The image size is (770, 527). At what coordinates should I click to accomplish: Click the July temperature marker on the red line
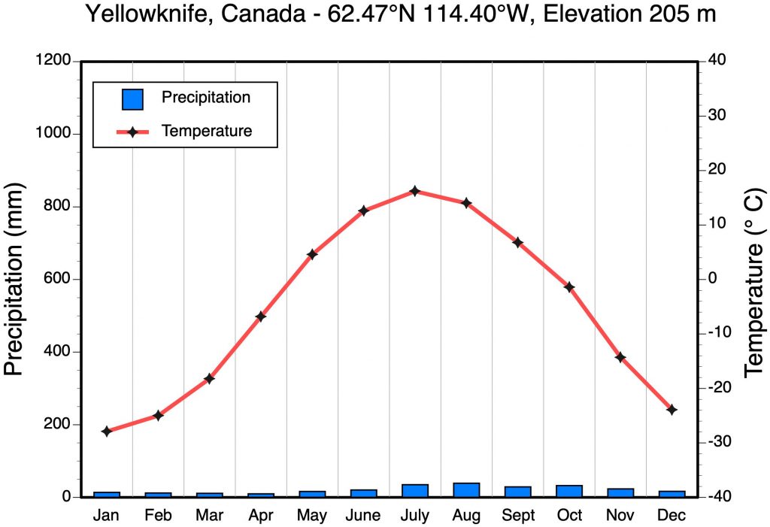coord(415,191)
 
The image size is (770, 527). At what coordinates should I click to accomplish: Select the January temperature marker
coord(107,432)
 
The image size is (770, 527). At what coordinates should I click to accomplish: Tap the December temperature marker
coord(672,410)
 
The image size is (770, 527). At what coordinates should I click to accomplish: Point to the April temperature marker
coord(261,317)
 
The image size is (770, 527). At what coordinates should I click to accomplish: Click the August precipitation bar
coord(466,489)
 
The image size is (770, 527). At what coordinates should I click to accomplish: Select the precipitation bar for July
coord(415,490)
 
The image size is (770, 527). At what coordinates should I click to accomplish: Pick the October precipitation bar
coord(569,491)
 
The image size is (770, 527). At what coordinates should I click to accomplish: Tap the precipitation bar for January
coord(107,494)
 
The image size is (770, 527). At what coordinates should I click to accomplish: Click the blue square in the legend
coord(132,99)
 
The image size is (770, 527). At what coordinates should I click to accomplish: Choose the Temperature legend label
coord(207,131)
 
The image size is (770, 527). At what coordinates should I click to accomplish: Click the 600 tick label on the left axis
coord(58,280)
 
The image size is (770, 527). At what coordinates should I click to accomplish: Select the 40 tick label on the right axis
coord(716,61)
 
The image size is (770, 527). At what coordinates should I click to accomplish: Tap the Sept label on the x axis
coord(518,516)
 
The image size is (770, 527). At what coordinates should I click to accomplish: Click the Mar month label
coord(210,516)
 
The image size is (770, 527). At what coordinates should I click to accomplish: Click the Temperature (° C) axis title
coord(753,280)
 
